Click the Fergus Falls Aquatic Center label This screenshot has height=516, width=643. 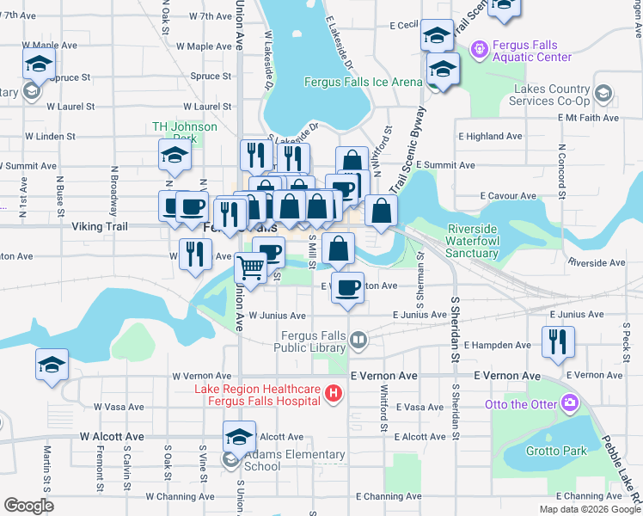pyautogui.click(x=530, y=51)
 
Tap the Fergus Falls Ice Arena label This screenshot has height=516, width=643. pyautogui.click(x=363, y=83)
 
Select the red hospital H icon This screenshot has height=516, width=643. pyautogui.click(x=334, y=395)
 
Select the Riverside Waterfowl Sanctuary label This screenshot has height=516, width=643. pyautogui.click(x=485, y=242)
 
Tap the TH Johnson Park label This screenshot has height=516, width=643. pyautogui.click(x=184, y=132)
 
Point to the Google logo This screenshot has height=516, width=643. pyautogui.click(x=28, y=506)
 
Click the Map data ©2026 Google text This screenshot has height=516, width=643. pyautogui.click(x=590, y=509)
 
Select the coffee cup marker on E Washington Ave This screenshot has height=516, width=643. pyautogui.click(x=347, y=288)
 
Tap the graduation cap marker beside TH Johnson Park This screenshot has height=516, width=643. pyautogui.click(x=175, y=156)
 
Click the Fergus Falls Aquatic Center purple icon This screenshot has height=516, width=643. pyautogui.click(x=478, y=50)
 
